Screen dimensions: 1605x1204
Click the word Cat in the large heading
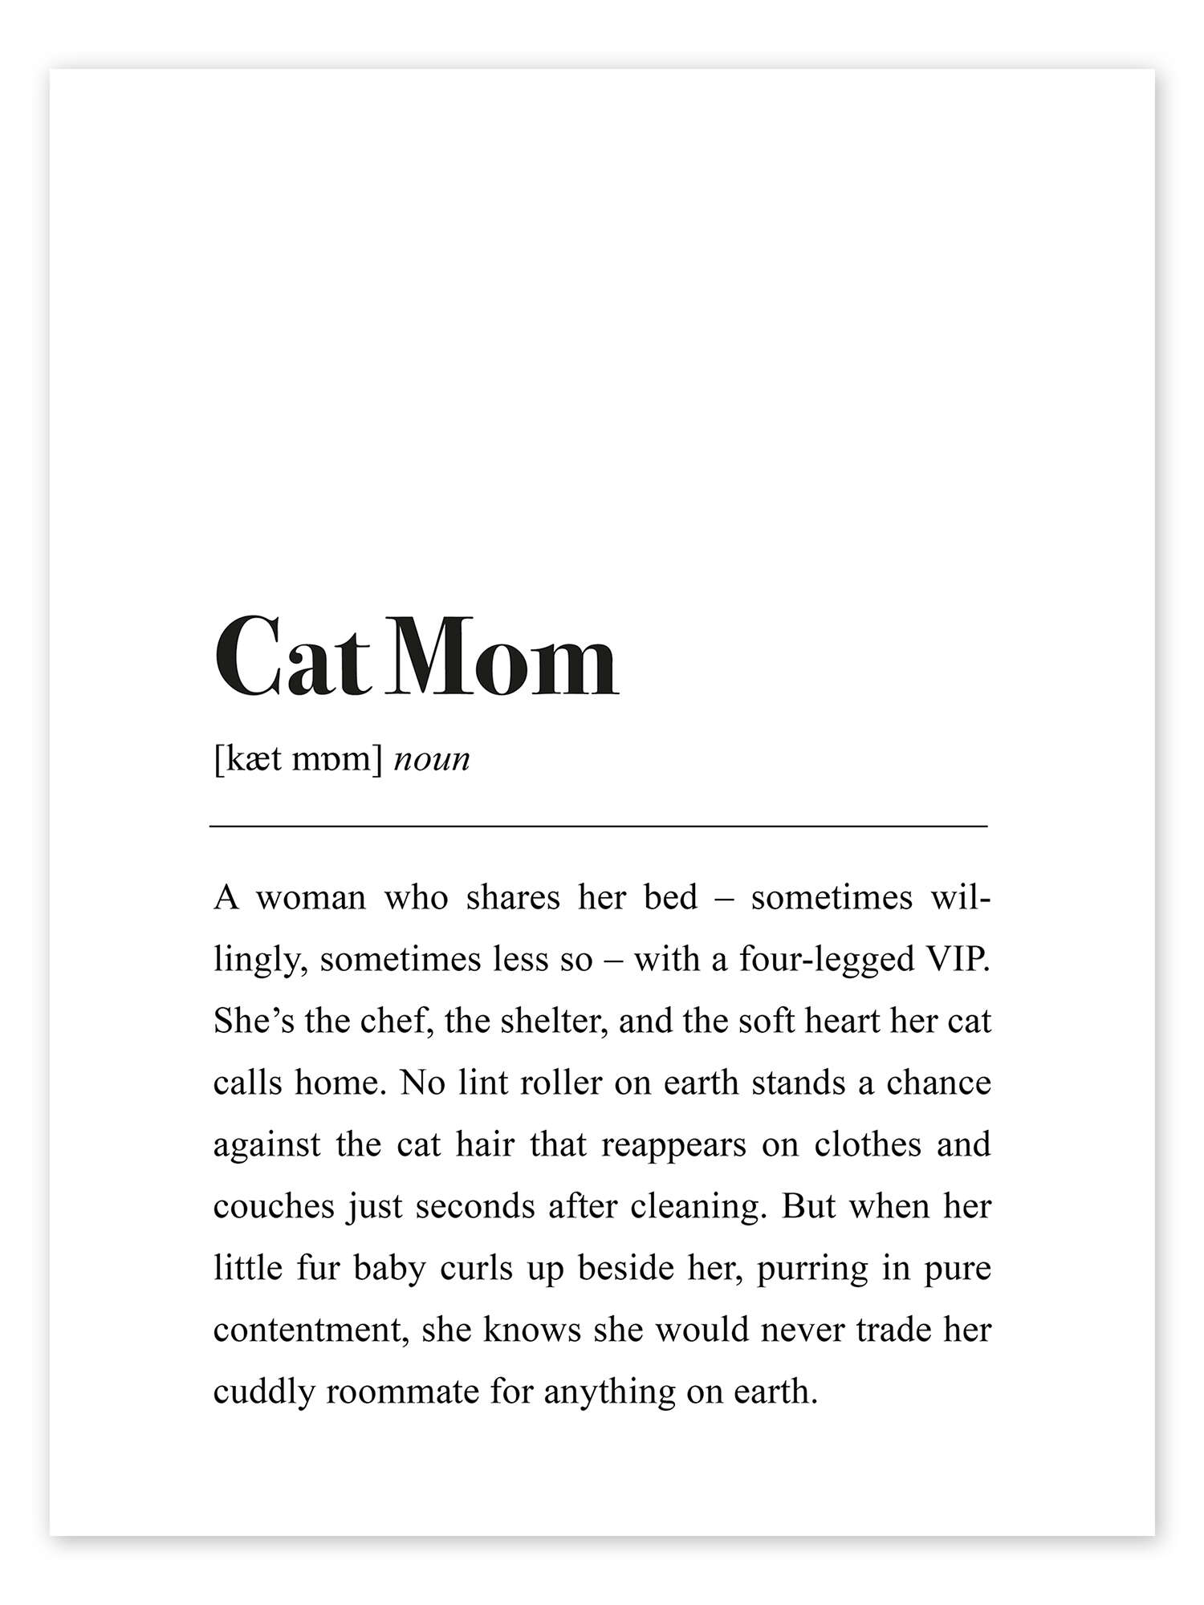click(x=291, y=658)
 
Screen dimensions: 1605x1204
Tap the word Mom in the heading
click(x=504, y=658)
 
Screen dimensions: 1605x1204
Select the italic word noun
click(x=432, y=759)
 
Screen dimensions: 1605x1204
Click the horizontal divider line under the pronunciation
click(x=598, y=825)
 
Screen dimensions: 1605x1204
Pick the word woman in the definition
click(x=311, y=897)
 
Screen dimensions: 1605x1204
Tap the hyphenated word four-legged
click(x=827, y=961)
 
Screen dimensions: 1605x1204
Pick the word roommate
click(x=402, y=1392)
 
